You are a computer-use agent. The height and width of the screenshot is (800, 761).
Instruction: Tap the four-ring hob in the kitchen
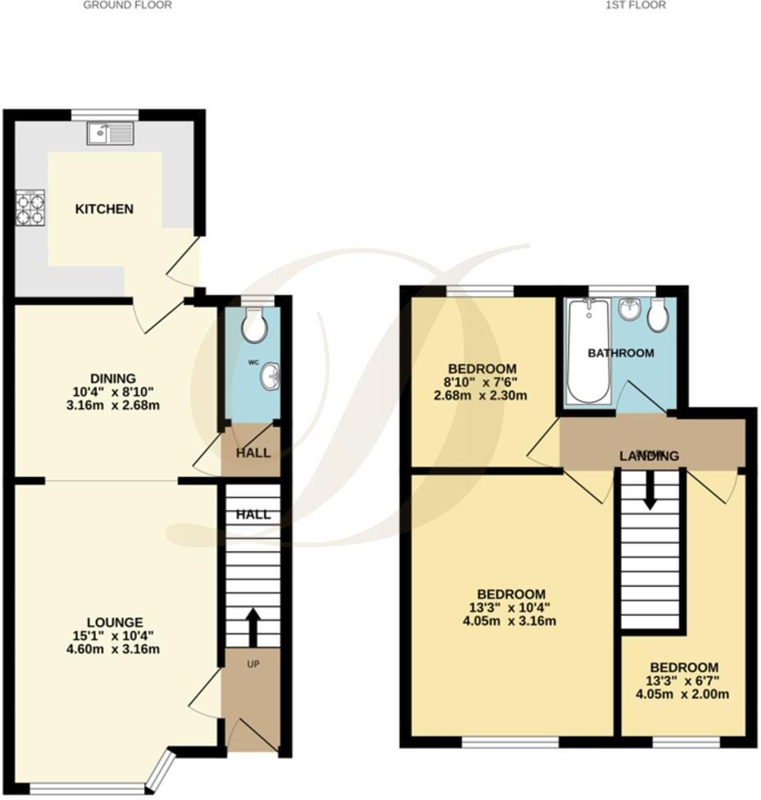tap(31, 207)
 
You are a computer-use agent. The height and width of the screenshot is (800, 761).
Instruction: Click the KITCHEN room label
tap(104, 209)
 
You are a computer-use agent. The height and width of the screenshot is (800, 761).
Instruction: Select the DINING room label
tap(113, 378)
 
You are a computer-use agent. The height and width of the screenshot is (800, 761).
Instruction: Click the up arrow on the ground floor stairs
tap(251, 627)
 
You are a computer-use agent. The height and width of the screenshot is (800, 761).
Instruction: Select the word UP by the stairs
tap(253, 663)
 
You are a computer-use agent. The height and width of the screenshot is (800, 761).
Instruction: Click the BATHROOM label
tap(622, 353)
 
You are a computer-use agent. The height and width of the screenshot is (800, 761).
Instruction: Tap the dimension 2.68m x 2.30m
tap(481, 396)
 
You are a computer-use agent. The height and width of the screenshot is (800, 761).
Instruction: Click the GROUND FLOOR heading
tap(128, 5)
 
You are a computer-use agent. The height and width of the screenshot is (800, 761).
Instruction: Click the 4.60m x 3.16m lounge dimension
tap(116, 650)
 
